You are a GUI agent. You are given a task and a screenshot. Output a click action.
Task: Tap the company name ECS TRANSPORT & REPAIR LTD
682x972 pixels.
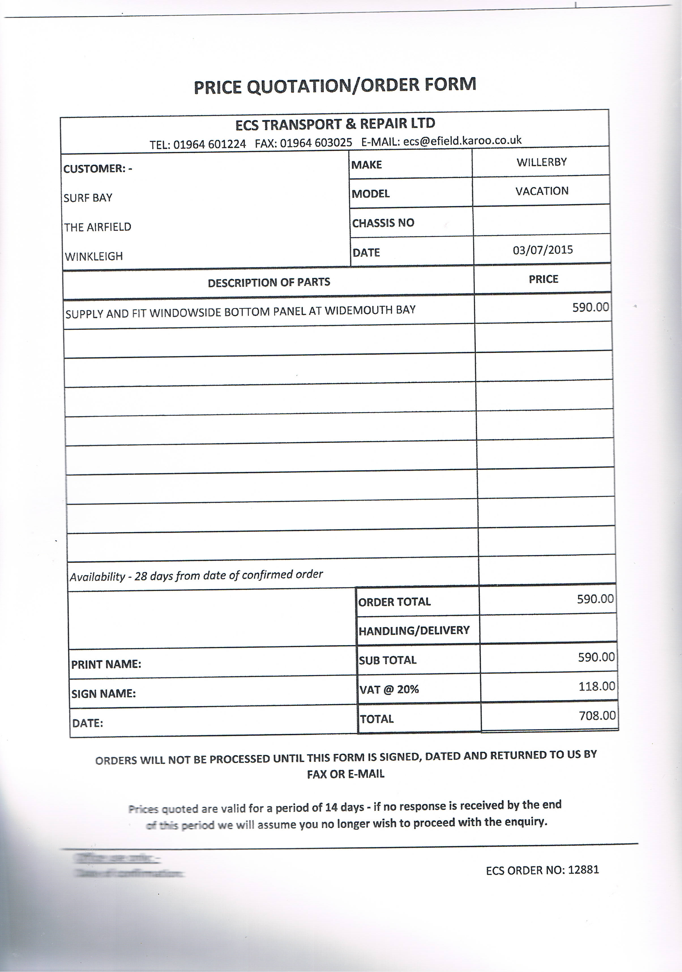(x=335, y=124)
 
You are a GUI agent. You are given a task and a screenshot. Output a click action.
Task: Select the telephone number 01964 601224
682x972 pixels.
(x=209, y=144)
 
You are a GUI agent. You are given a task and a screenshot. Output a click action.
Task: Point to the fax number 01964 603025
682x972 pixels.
(x=316, y=143)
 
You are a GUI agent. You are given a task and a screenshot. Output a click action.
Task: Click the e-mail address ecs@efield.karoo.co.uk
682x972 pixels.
(x=462, y=141)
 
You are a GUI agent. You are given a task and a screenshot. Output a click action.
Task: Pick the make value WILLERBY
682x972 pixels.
(x=541, y=162)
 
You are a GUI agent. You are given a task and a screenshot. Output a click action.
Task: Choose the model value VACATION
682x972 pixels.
(x=542, y=191)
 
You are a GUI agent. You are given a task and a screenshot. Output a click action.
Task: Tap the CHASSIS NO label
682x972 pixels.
(x=383, y=223)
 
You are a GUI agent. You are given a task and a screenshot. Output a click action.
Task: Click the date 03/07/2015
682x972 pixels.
(x=543, y=250)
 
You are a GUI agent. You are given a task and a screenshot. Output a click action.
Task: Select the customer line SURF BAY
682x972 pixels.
(x=88, y=198)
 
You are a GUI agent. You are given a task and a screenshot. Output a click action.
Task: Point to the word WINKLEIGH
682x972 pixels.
(x=94, y=256)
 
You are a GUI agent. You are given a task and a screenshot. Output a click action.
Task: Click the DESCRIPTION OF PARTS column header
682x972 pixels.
(x=269, y=282)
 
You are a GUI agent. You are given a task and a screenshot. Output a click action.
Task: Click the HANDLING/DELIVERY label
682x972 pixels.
(x=414, y=630)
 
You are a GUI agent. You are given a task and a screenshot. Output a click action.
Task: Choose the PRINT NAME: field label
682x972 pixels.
(x=106, y=664)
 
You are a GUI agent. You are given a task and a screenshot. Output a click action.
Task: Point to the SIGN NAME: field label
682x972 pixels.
(x=103, y=693)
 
